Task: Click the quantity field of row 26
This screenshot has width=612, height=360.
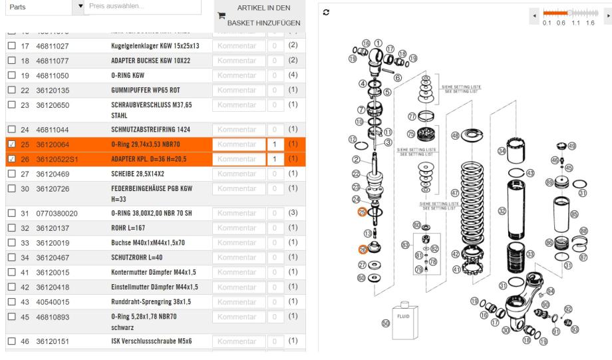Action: pyautogui.click(x=273, y=159)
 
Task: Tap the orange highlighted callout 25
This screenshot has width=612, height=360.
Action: pyautogui.click(x=362, y=212)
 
